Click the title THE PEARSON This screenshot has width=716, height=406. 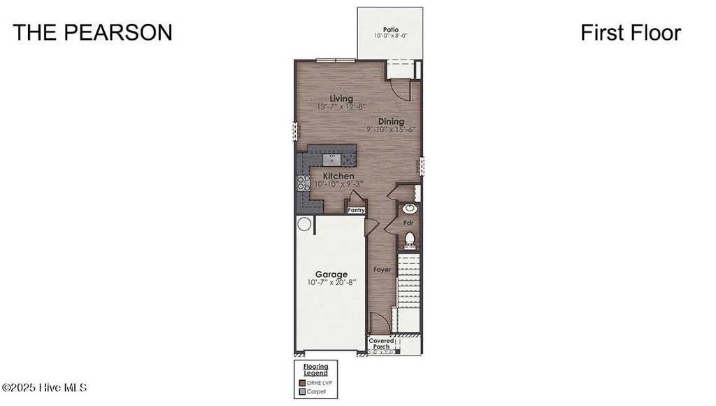[92, 32]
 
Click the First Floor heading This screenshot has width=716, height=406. [630, 32]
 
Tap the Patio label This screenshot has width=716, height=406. [390, 29]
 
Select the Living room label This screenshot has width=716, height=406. [341, 99]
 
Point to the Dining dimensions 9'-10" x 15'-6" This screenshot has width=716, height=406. [391, 129]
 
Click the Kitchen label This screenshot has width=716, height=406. [337, 176]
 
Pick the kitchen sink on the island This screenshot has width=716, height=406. [333, 161]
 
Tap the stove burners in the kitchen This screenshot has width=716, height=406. [303, 183]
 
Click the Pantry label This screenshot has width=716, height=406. [357, 209]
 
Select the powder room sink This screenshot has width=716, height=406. [409, 209]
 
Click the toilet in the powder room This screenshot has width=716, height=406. [410, 239]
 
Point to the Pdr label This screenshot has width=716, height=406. [408, 223]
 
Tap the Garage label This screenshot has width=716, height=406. [331, 274]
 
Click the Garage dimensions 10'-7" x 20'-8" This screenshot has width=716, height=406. [331, 283]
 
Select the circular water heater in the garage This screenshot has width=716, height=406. [304, 224]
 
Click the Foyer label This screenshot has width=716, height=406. [382, 269]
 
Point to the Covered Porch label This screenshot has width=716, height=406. [382, 344]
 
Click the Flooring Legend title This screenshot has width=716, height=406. [315, 369]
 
